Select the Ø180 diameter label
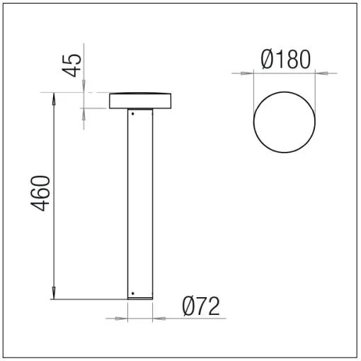click(x=285, y=60)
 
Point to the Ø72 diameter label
click(x=201, y=306)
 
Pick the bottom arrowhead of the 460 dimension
click(x=54, y=294)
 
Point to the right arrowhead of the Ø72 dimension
click(x=156, y=318)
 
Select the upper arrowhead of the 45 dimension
click(x=84, y=88)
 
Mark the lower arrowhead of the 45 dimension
click(x=84, y=112)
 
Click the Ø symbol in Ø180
click(x=268, y=60)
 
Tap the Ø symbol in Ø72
click(x=188, y=306)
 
